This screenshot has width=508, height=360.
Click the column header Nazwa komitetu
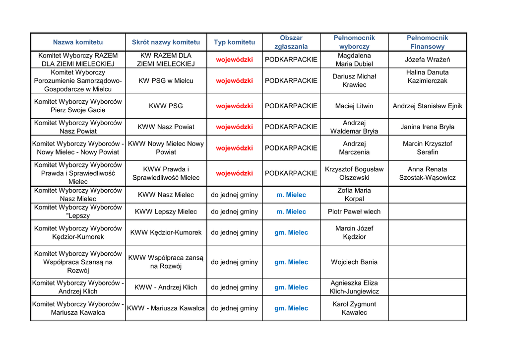[x=78, y=42]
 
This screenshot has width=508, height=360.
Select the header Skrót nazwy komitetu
[x=166, y=42]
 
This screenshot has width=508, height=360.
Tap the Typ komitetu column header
[x=234, y=42]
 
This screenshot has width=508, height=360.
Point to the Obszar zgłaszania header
[x=291, y=42]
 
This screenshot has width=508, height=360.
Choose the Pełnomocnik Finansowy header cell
[x=427, y=42]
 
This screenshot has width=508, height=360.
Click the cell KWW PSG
[x=166, y=106]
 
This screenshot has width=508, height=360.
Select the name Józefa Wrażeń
[x=427, y=60]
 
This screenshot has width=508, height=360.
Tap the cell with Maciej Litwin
[x=354, y=106]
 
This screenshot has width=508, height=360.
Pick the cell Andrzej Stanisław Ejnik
[x=427, y=106]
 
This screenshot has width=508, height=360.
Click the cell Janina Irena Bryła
[x=427, y=127]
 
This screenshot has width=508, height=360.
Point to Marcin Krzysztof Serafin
[x=427, y=148]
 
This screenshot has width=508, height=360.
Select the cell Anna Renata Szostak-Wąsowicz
[x=427, y=173]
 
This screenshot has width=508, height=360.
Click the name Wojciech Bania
[x=354, y=262]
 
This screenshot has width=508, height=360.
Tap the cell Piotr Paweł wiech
[x=354, y=212]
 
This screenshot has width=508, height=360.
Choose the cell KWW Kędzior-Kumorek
[x=166, y=232]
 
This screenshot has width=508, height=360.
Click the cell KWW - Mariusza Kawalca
[x=166, y=308]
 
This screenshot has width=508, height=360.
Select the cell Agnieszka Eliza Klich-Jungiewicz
[x=354, y=287]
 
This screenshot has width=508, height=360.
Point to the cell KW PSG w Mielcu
[x=166, y=80]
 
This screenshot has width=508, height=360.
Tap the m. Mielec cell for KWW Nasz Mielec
[x=291, y=195]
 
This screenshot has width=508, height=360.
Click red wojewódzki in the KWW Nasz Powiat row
[x=234, y=127]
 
